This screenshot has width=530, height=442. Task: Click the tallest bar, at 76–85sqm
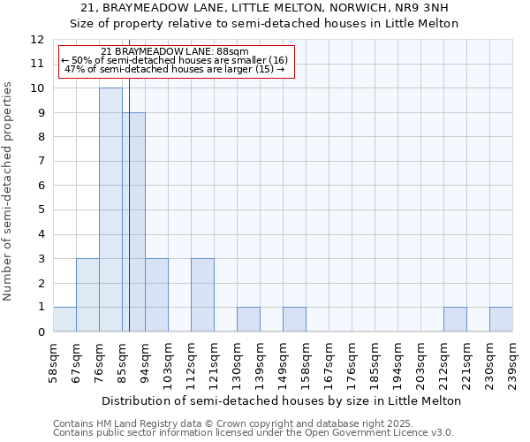click(110, 210)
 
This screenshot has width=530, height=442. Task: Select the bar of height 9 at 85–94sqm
click(134, 222)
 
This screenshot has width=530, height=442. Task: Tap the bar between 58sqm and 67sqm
click(64, 319)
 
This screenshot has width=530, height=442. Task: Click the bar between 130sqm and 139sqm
click(248, 319)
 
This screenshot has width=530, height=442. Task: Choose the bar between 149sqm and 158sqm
click(294, 319)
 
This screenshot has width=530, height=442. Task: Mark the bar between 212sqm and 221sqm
click(455, 319)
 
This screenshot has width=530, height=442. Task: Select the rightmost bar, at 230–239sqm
click(501, 319)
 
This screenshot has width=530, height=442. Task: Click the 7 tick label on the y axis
click(41, 162)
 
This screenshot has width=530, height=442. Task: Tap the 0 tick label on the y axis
click(41, 332)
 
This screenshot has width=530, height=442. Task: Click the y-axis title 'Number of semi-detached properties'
click(9, 191)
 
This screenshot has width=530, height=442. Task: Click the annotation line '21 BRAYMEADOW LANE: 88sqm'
click(175, 52)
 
